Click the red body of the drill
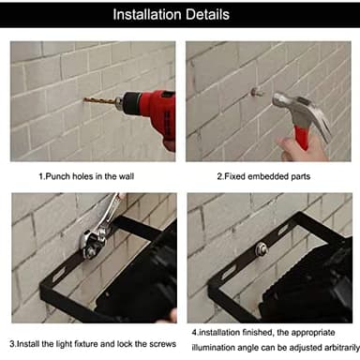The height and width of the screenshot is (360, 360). click(150, 105)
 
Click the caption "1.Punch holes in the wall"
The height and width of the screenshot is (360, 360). click(89, 176)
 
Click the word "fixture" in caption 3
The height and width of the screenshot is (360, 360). click(88, 342)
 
